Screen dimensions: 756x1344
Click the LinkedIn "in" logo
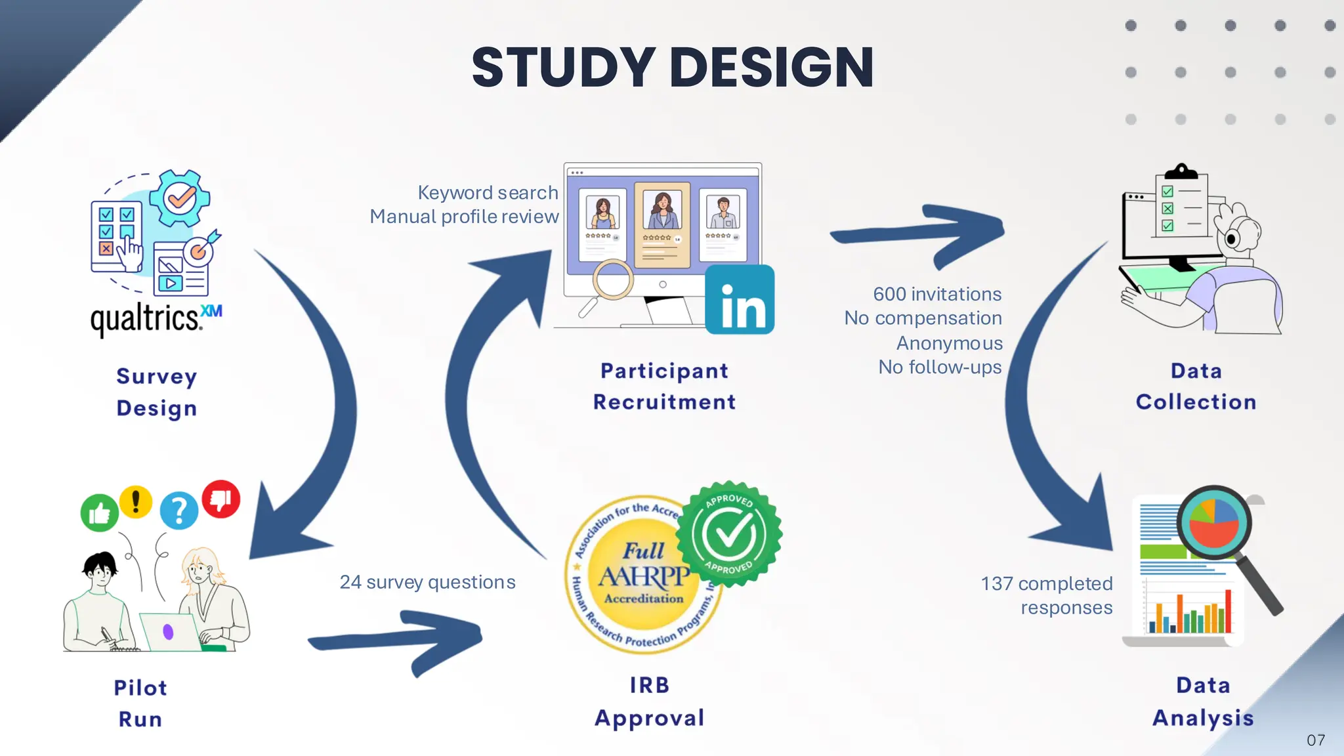click(740, 300)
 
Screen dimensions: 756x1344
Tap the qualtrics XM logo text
click(156, 319)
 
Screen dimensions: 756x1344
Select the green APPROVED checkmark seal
click(729, 534)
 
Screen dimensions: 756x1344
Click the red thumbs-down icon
click(221, 499)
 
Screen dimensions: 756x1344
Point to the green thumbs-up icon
click(99, 513)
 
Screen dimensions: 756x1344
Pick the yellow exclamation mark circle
click(136, 502)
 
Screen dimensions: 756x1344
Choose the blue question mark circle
click(178, 510)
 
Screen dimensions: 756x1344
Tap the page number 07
click(1316, 740)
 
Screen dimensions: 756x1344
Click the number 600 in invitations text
click(889, 294)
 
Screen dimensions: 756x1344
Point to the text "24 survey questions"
click(427, 582)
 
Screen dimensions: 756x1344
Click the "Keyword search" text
click(488, 193)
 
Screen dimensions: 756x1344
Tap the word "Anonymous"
click(949, 343)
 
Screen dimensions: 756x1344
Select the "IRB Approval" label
click(650, 702)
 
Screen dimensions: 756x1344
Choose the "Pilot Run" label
click(140, 703)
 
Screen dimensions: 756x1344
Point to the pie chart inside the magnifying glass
click(1213, 523)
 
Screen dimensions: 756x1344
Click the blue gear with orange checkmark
click(180, 198)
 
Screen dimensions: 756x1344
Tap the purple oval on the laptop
click(168, 632)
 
